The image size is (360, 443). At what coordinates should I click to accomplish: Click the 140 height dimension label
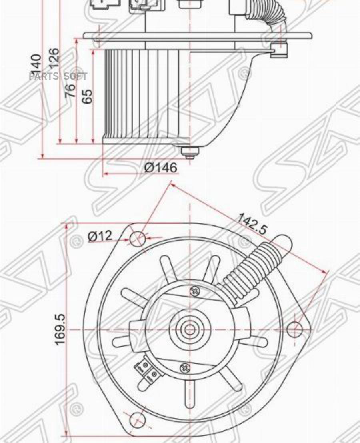coord(36,63)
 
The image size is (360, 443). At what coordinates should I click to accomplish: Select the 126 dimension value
coord(54,58)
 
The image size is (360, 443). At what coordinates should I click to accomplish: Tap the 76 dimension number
coord(70,91)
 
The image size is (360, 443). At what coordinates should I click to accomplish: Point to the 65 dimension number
coord(87,96)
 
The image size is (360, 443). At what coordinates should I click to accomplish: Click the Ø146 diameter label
coord(160,168)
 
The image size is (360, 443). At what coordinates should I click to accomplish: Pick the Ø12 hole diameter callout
coord(100,236)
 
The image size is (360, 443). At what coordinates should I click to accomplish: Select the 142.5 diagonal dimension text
coord(252,223)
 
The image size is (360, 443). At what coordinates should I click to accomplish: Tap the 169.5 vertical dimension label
coord(60,329)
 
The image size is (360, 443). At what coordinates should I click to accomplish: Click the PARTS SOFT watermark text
coord(58,76)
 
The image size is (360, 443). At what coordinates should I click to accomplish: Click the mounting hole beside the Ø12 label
coord(137,239)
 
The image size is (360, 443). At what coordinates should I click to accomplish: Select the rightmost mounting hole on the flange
coord(295,329)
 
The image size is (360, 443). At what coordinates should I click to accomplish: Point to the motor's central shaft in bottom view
coord(190,330)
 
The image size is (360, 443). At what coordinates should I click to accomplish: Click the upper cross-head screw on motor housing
coord(196,291)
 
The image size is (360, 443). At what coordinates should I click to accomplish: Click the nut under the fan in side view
coord(190,152)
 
